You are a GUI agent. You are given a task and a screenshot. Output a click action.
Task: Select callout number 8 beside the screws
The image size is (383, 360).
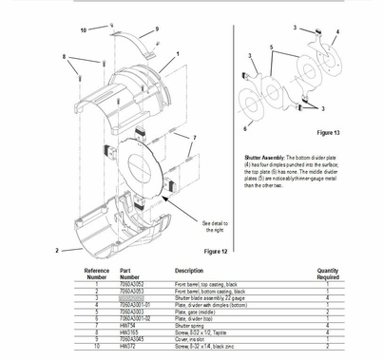[x=66, y=57]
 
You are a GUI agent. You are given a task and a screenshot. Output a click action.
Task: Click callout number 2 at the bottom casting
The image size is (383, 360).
[x=58, y=250]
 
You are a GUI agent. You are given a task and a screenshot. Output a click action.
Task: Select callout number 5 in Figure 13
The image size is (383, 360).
[x=272, y=46]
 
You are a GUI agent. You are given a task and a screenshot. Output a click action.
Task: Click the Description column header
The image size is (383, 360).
[x=188, y=271]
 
